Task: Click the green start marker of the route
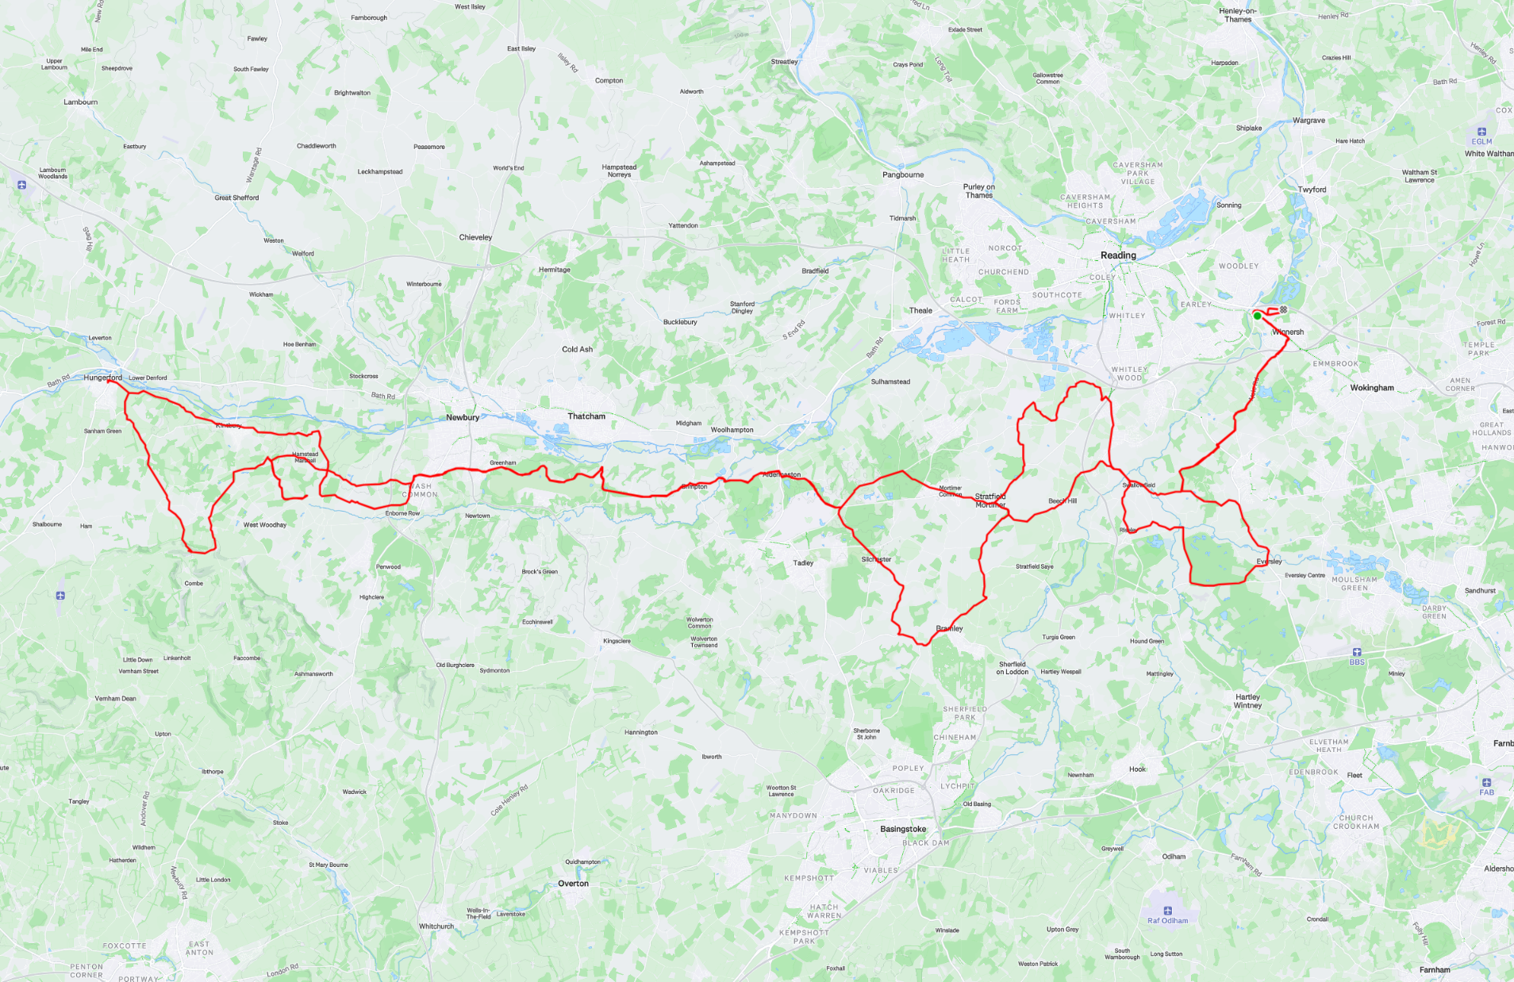pyautogui.click(x=1257, y=316)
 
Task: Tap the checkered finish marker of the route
pyautogui.click(x=1283, y=309)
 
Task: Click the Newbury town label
pyautogui.click(x=462, y=417)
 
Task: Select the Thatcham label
pyautogui.click(x=586, y=416)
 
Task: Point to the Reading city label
pyautogui.click(x=1118, y=255)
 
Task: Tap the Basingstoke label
pyautogui.click(x=903, y=829)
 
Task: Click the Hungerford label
pyautogui.click(x=103, y=378)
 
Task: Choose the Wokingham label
pyautogui.click(x=1372, y=388)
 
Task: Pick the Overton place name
pyautogui.click(x=573, y=884)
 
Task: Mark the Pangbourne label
pyautogui.click(x=903, y=175)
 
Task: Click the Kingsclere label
pyautogui.click(x=617, y=641)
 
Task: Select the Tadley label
pyautogui.click(x=803, y=563)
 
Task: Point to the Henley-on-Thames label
pyautogui.click(x=1237, y=15)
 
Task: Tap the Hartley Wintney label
pyautogui.click(x=1247, y=701)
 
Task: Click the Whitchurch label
pyautogui.click(x=436, y=926)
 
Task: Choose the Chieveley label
pyautogui.click(x=475, y=237)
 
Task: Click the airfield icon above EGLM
pyautogui.click(x=1481, y=132)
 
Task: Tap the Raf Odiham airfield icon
pyautogui.click(x=1167, y=911)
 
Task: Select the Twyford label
pyautogui.click(x=1312, y=190)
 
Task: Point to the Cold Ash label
pyautogui.click(x=577, y=349)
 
